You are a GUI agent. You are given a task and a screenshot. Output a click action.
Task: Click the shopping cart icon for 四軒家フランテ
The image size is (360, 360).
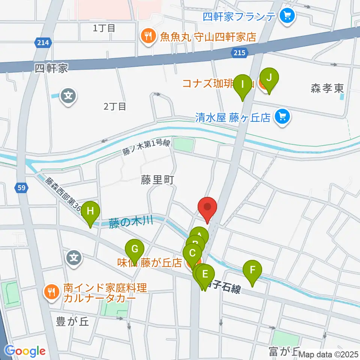(288, 16)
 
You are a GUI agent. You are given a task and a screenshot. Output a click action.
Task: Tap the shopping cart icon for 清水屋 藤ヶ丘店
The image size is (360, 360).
(282, 117)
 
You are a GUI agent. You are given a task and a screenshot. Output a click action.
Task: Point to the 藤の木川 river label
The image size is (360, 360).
(131, 222)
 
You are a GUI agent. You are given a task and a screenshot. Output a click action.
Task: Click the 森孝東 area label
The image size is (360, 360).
(327, 88)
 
